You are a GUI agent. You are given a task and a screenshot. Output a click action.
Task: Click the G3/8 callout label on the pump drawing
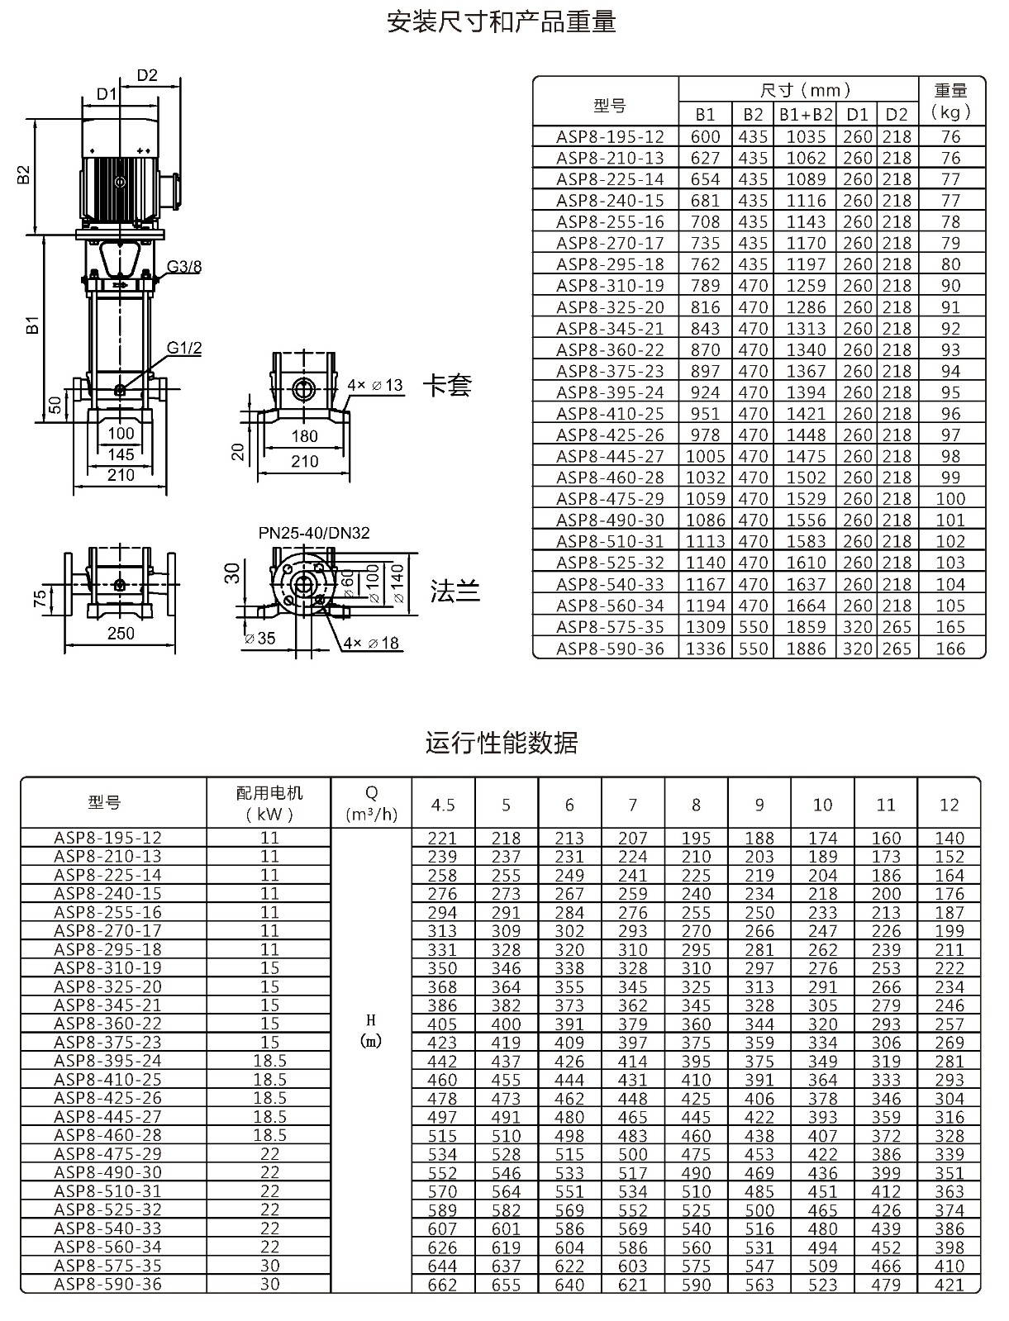184,266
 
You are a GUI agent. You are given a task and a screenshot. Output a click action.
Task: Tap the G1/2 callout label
184,348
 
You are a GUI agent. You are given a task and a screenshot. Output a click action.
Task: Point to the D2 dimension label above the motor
147,75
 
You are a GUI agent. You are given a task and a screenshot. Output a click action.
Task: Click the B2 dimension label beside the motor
23,174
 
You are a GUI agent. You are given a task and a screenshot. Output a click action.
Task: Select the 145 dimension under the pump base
121,454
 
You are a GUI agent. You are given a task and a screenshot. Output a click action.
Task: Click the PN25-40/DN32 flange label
314,533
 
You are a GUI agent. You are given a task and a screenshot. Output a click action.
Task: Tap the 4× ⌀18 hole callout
371,643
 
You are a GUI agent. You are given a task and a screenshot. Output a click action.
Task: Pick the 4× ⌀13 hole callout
375,385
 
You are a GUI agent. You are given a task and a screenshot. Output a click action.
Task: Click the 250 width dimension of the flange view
121,633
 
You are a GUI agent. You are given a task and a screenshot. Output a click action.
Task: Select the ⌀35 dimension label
260,638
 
